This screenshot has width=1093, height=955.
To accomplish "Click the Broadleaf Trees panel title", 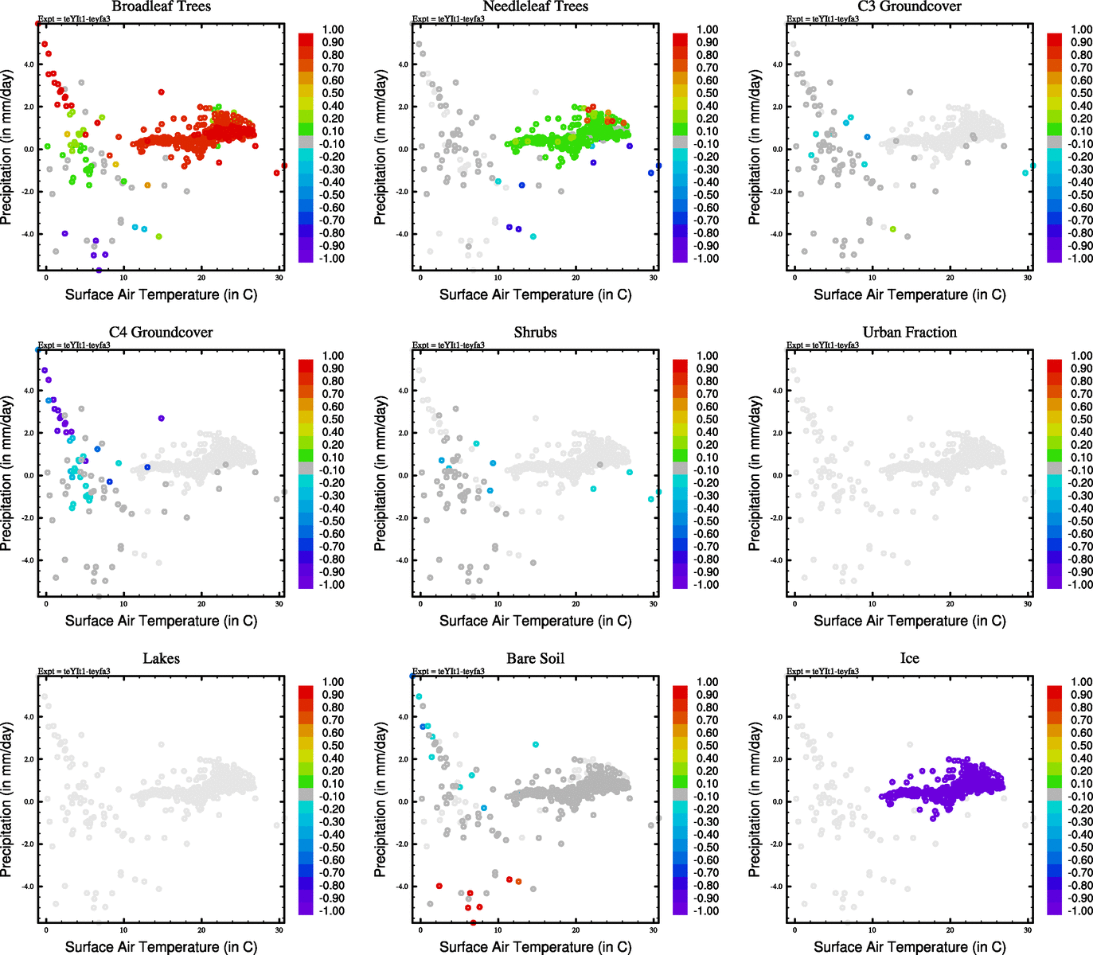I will click(161, 7).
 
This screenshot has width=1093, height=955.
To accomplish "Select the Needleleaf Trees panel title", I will click(535, 7).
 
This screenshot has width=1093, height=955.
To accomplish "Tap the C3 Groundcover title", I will click(909, 7).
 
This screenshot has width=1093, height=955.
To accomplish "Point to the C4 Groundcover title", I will click(161, 333).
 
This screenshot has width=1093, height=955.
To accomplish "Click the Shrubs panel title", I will click(535, 333).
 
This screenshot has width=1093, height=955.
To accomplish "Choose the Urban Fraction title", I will click(909, 333).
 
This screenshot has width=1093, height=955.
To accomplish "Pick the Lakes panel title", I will click(161, 659).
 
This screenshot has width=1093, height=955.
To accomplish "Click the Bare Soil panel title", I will click(535, 659).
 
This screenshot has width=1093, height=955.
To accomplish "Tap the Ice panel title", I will click(909, 659).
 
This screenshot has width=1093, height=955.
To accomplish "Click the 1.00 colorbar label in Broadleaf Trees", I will click(333, 29).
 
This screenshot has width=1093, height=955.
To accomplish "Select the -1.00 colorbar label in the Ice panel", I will click(1080, 910).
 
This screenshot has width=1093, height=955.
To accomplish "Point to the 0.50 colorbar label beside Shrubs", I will click(707, 419).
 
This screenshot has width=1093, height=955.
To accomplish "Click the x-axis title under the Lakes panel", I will click(161, 947).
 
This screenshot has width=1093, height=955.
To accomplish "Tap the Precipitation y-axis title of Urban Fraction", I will click(755, 474).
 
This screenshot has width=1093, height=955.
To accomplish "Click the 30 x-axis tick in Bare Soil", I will click(654, 930).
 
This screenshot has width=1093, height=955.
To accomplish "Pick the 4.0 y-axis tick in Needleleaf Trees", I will click(403, 64).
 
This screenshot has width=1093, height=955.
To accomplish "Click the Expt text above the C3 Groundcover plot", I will click(822, 19).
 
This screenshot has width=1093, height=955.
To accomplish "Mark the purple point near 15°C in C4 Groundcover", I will click(161, 418).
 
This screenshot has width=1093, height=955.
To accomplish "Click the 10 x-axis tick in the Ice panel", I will click(872, 930).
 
